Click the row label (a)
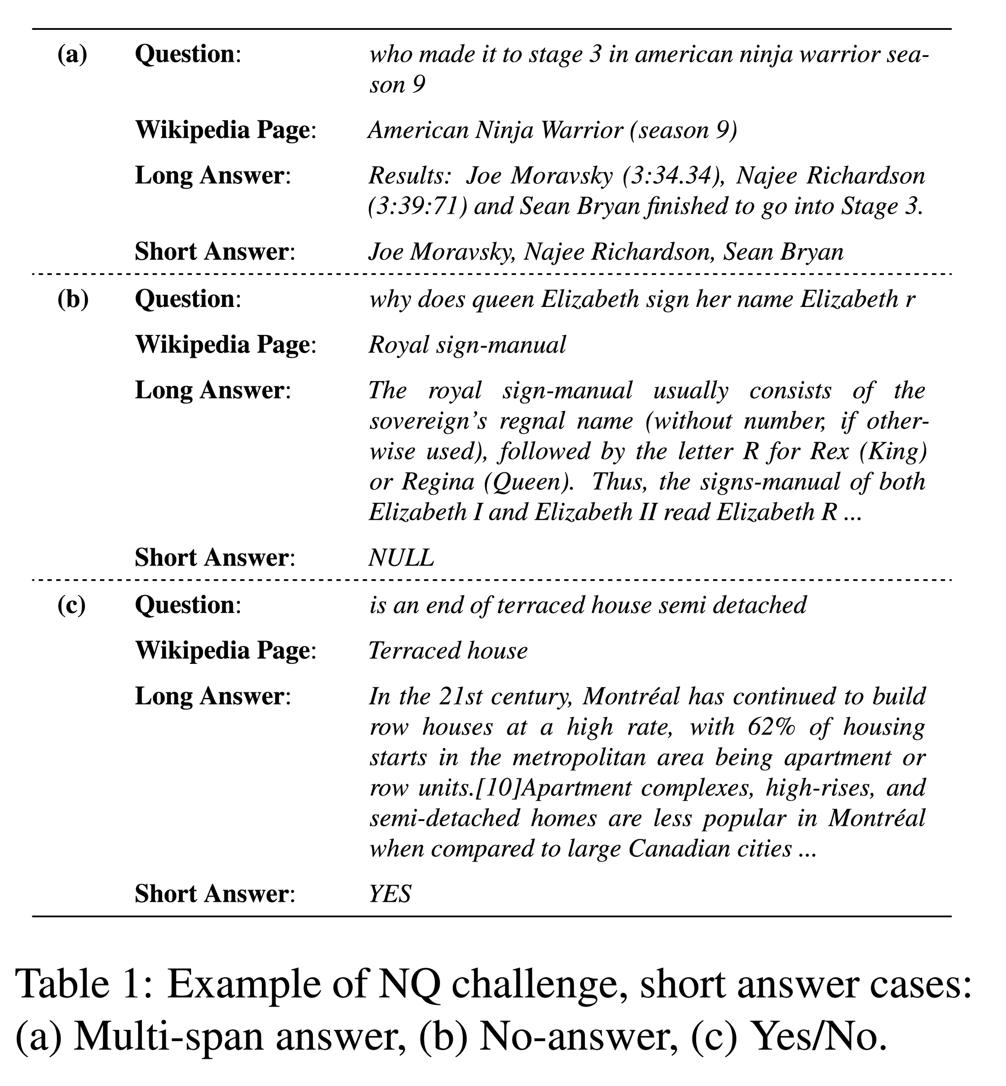point(72,54)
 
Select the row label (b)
point(73,300)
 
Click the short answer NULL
point(401,558)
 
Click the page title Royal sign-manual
point(467,345)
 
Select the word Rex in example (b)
point(829,451)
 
